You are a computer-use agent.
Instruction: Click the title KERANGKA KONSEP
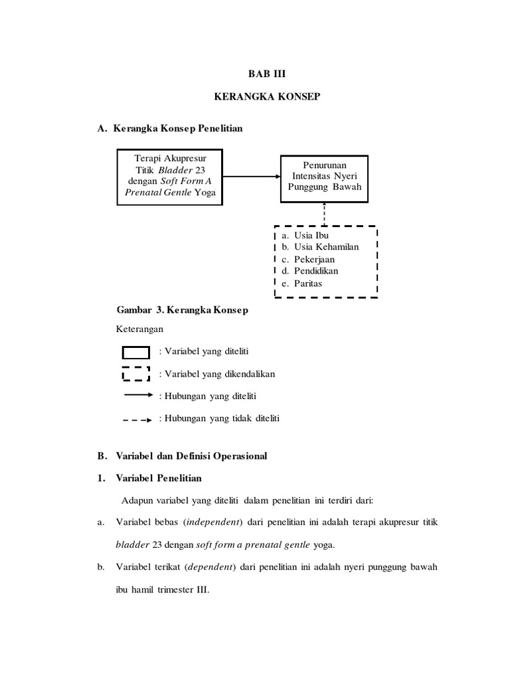pos(266,97)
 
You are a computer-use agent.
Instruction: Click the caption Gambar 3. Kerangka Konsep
pos(183,311)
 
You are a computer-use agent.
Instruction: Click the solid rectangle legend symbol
pos(135,352)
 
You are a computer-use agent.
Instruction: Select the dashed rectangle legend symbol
pos(135,374)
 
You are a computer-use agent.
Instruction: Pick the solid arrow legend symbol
pos(137,395)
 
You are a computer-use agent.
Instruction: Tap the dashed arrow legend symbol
pos(137,420)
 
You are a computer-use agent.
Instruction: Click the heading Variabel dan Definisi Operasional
pos(191,456)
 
